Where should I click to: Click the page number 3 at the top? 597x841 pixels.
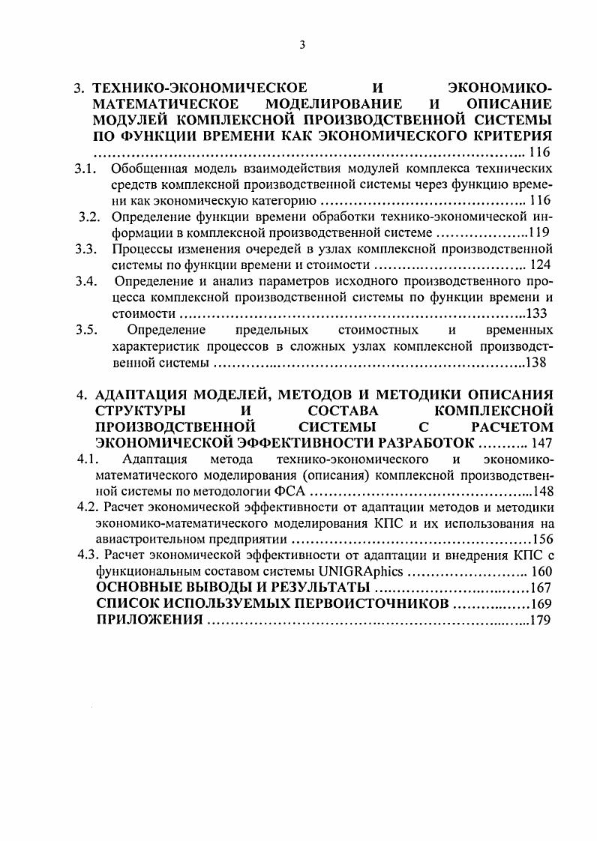tap(301, 44)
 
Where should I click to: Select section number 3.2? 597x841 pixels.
tap(90, 217)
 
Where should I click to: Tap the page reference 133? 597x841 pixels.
tap(540, 314)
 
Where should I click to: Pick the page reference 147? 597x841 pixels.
tap(540, 442)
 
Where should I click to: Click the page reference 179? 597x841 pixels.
tap(541, 620)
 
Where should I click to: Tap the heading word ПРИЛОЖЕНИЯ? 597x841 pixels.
tap(150, 620)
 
